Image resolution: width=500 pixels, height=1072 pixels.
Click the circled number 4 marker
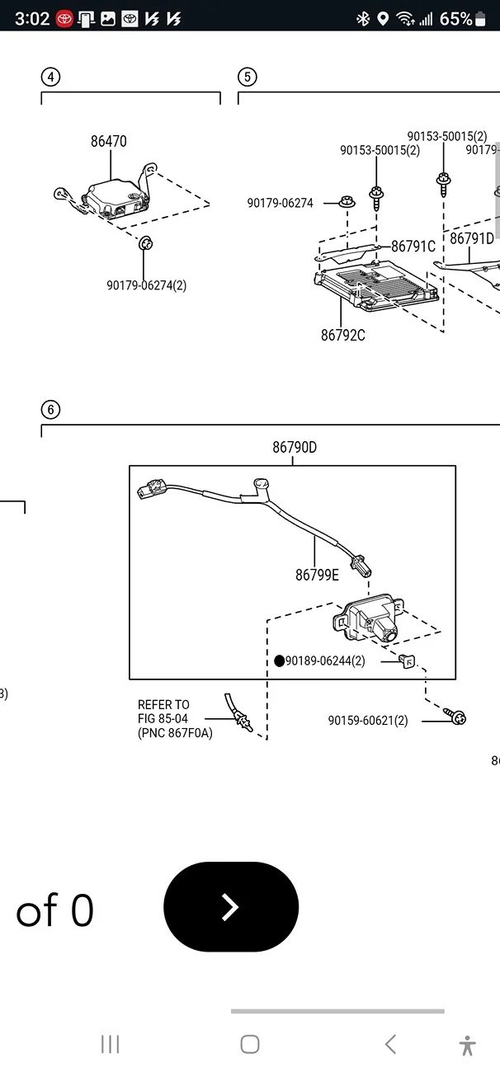(x=51, y=77)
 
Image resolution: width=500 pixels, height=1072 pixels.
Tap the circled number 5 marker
(x=248, y=77)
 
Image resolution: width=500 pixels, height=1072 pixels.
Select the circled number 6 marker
(x=51, y=409)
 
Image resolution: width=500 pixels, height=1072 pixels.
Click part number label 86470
(x=109, y=141)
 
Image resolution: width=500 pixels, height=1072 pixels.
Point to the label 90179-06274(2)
(x=146, y=285)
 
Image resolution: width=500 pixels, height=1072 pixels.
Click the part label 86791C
(x=413, y=246)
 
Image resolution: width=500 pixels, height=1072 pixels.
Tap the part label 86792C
(x=343, y=335)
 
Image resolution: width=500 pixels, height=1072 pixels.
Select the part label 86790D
(x=295, y=448)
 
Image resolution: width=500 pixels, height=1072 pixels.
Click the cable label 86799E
(x=317, y=575)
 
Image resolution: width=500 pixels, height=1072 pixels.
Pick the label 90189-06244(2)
(x=325, y=661)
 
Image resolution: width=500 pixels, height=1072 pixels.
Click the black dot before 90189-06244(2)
(x=279, y=661)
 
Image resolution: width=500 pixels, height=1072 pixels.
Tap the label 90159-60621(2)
(x=368, y=720)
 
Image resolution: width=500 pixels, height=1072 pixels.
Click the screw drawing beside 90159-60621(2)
(x=455, y=717)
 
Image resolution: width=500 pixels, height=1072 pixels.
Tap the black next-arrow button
(x=231, y=907)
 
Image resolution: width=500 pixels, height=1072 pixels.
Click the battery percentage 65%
(x=456, y=18)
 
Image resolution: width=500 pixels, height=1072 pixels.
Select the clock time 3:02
(x=32, y=18)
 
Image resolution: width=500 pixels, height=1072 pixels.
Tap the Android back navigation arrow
(x=390, y=1044)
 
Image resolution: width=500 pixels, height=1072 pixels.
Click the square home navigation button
(x=250, y=1044)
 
